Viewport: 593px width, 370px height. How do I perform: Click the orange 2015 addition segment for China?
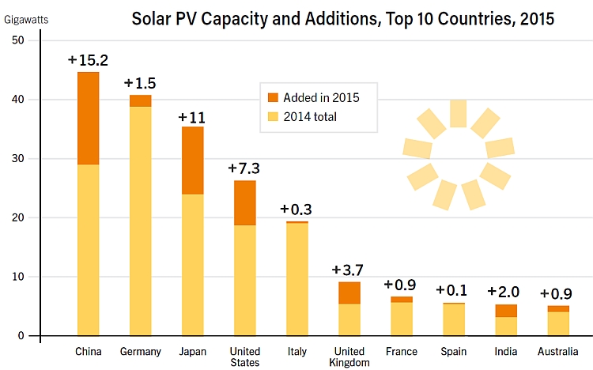pyautogui.click(x=88, y=118)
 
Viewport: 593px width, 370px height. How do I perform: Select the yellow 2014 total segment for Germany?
pyautogui.click(x=141, y=221)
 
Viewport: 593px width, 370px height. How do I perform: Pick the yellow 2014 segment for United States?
pyautogui.click(x=245, y=280)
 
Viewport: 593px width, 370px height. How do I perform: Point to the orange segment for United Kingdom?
pyautogui.click(x=350, y=293)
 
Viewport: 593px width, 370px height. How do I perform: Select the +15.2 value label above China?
pyautogui.click(x=88, y=60)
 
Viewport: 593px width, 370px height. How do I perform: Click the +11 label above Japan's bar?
pyautogui.click(x=192, y=117)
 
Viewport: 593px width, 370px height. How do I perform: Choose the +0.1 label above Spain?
pyautogui.click(x=454, y=290)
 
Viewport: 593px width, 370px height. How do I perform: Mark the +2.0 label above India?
pyautogui.click(x=506, y=292)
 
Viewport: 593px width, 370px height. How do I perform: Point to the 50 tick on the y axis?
pyautogui.click(x=17, y=40)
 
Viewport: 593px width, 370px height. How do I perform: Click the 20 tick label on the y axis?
pyautogui.click(x=17, y=217)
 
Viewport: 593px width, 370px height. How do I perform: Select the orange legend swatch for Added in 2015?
pyautogui.click(x=274, y=97)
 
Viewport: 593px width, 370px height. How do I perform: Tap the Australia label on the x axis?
pyautogui.click(x=558, y=351)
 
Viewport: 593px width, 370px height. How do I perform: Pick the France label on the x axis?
pyautogui.click(x=402, y=351)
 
